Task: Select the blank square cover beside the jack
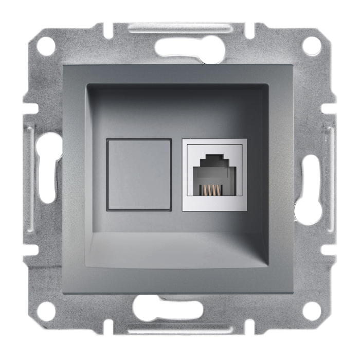(139, 174)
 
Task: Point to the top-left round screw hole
(46, 46)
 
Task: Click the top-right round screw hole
(311, 46)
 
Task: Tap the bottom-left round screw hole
(46, 310)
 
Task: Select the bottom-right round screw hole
(311, 310)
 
